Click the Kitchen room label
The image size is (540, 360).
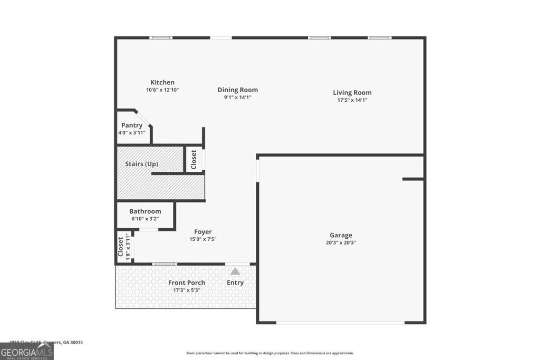[162, 82]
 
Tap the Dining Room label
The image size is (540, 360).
[237, 90]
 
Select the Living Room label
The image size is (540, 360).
[352, 93]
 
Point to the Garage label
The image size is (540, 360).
[341, 236]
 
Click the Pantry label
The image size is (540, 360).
[132, 125]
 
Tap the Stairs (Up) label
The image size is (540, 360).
[141, 164]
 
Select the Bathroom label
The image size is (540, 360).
[145, 211]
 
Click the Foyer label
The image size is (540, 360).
[203, 232]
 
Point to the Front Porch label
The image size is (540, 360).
[187, 283]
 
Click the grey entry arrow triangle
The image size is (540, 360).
[235, 271]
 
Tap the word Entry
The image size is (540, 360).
[235, 283]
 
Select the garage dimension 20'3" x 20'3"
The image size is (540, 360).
[341, 243]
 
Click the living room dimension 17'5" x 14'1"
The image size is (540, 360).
[352, 100]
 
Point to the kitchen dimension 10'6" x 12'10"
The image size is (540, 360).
[162, 90]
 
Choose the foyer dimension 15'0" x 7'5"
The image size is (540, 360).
[203, 239]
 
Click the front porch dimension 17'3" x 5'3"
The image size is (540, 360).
[187, 290]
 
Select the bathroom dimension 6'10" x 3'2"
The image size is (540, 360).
[145, 219]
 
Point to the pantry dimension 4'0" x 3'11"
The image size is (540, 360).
[132, 133]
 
